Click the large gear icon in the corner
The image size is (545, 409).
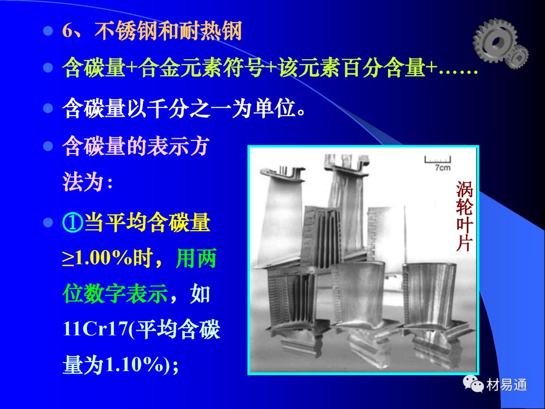(x=494, y=40)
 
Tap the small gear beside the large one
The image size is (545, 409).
(x=517, y=56)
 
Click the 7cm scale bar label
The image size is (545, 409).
(x=442, y=168)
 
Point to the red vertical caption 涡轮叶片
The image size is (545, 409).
(x=464, y=216)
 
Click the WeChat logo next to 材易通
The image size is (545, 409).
(x=473, y=383)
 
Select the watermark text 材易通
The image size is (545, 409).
(x=507, y=385)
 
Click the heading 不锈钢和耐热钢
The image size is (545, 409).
(x=168, y=31)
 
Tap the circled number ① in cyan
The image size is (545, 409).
(x=73, y=222)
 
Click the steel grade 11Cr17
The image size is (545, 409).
(x=96, y=329)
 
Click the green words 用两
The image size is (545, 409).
(x=196, y=258)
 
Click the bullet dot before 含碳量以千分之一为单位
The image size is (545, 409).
(x=48, y=108)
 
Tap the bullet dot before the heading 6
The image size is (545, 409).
(x=48, y=31)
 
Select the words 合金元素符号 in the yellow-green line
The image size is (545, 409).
(x=201, y=67)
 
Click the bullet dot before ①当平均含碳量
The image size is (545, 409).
(x=48, y=222)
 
